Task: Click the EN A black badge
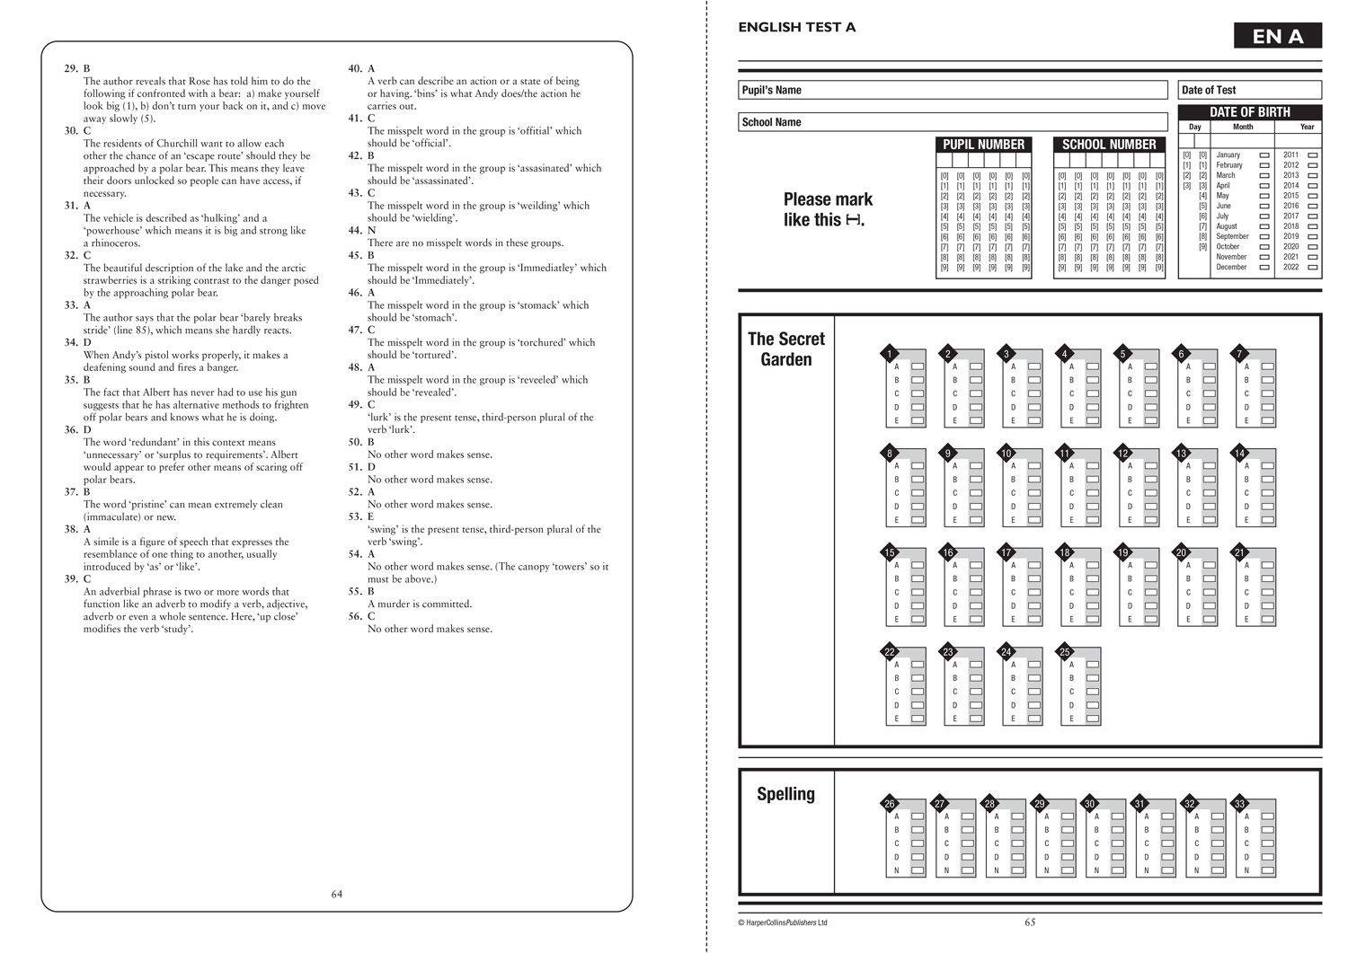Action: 1278,36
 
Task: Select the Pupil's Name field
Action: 953,90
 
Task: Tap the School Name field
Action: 953,122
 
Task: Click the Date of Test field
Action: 1249,90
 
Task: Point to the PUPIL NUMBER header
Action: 983,145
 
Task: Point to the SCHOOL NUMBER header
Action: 1109,145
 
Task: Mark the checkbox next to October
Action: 1264,247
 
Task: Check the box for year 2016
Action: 1313,206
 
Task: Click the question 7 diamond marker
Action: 1239,354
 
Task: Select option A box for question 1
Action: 918,366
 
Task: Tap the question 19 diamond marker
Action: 1122,552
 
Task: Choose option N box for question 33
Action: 1268,870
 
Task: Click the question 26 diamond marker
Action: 889,803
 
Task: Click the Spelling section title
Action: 785,794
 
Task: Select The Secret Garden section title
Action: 785,349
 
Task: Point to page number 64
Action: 337,894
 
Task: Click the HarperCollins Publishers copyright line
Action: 782,922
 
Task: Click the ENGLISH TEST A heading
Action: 796,27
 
